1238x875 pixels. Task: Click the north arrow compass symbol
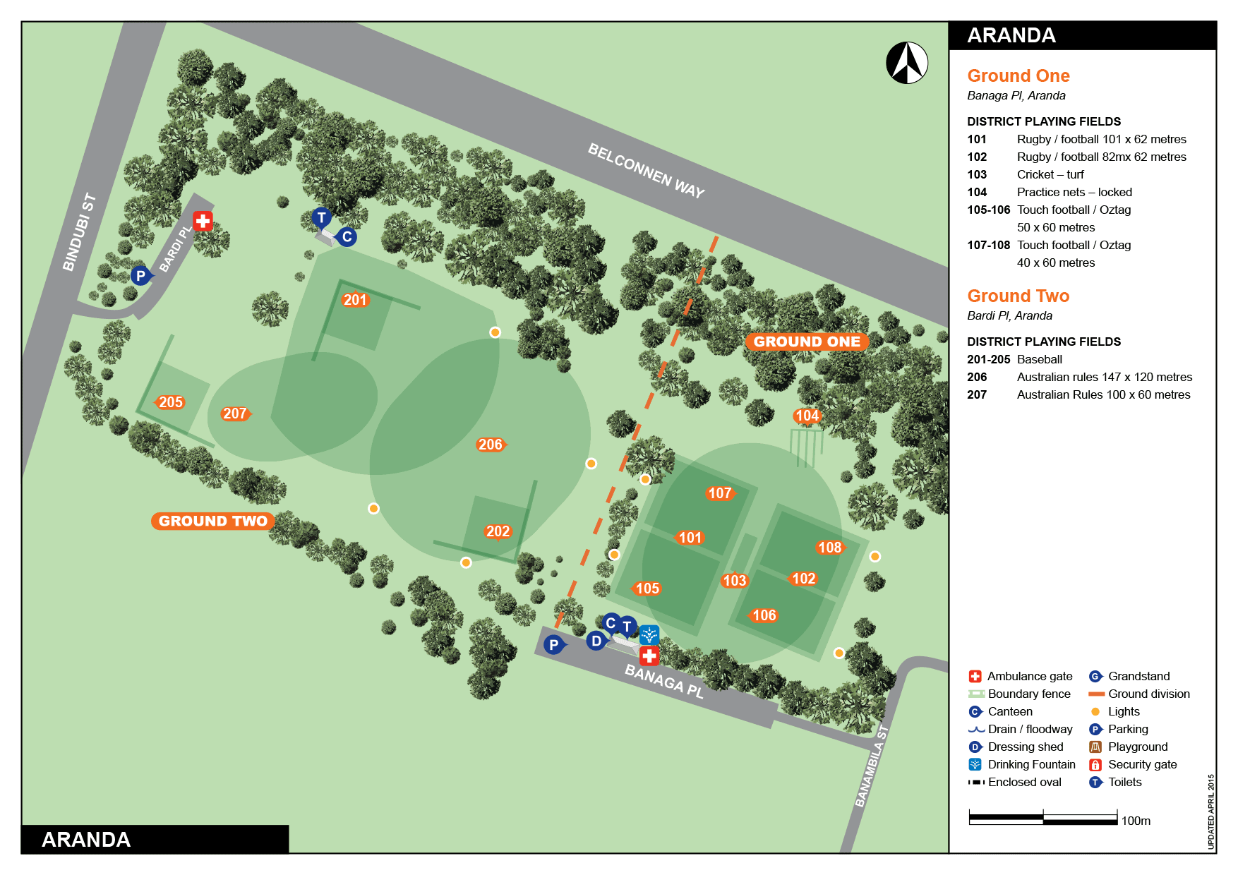(x=907, y=63)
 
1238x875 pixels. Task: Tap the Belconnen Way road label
(x=646, y=171)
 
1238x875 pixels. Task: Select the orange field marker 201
(x=354, y=300)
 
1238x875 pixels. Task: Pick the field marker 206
(x=491, y=445)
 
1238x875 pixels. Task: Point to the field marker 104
(x=807, y=416)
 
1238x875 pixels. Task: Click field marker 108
(x=829, y=548)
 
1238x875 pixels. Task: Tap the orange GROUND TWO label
(x=212, y=521)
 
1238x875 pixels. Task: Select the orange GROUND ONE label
(x=807, y=342)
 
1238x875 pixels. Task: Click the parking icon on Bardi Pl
(x=140, y=276)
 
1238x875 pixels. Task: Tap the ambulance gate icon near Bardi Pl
(x=203, y=221)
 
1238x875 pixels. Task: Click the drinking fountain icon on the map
(x=649, y=634)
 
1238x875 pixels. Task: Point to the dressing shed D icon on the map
(x=596, y=641)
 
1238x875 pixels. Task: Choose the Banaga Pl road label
(x=664, y=680)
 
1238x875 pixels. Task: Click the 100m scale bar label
(x=1136, y=821)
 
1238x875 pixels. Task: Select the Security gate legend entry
(x=1142, y=764)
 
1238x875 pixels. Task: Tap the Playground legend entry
(x=1137, y=747)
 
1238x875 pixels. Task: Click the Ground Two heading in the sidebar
(x=1018, y=296)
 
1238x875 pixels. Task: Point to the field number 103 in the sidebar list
(x=977, y=174)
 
